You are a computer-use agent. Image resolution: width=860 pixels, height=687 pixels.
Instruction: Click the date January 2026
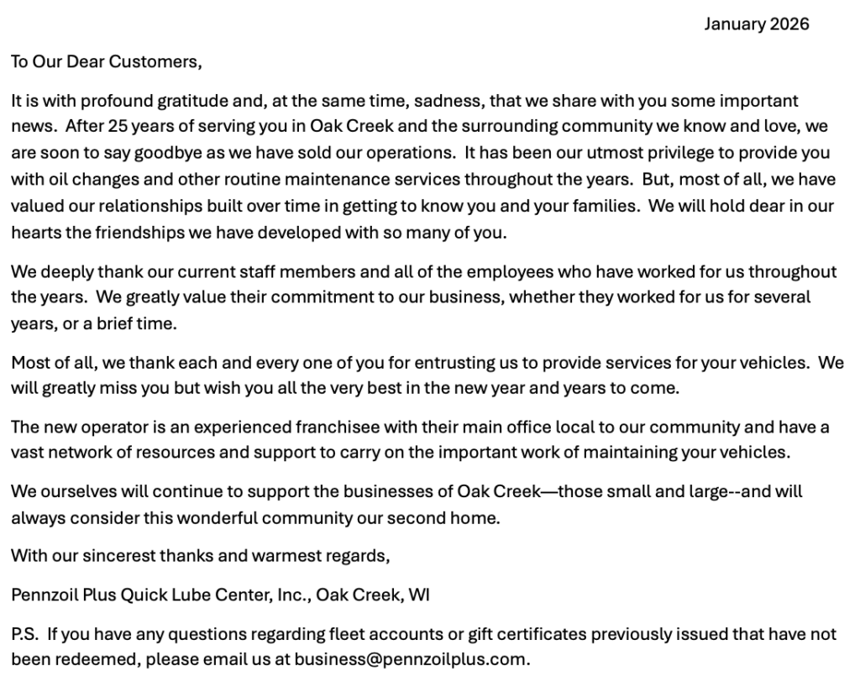point(756,24)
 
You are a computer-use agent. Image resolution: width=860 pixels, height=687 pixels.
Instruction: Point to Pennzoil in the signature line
point(41,595)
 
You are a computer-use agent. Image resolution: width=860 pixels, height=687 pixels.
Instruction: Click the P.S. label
point(24,635)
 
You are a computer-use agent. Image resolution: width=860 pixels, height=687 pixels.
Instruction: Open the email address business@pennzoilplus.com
point(411,660)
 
